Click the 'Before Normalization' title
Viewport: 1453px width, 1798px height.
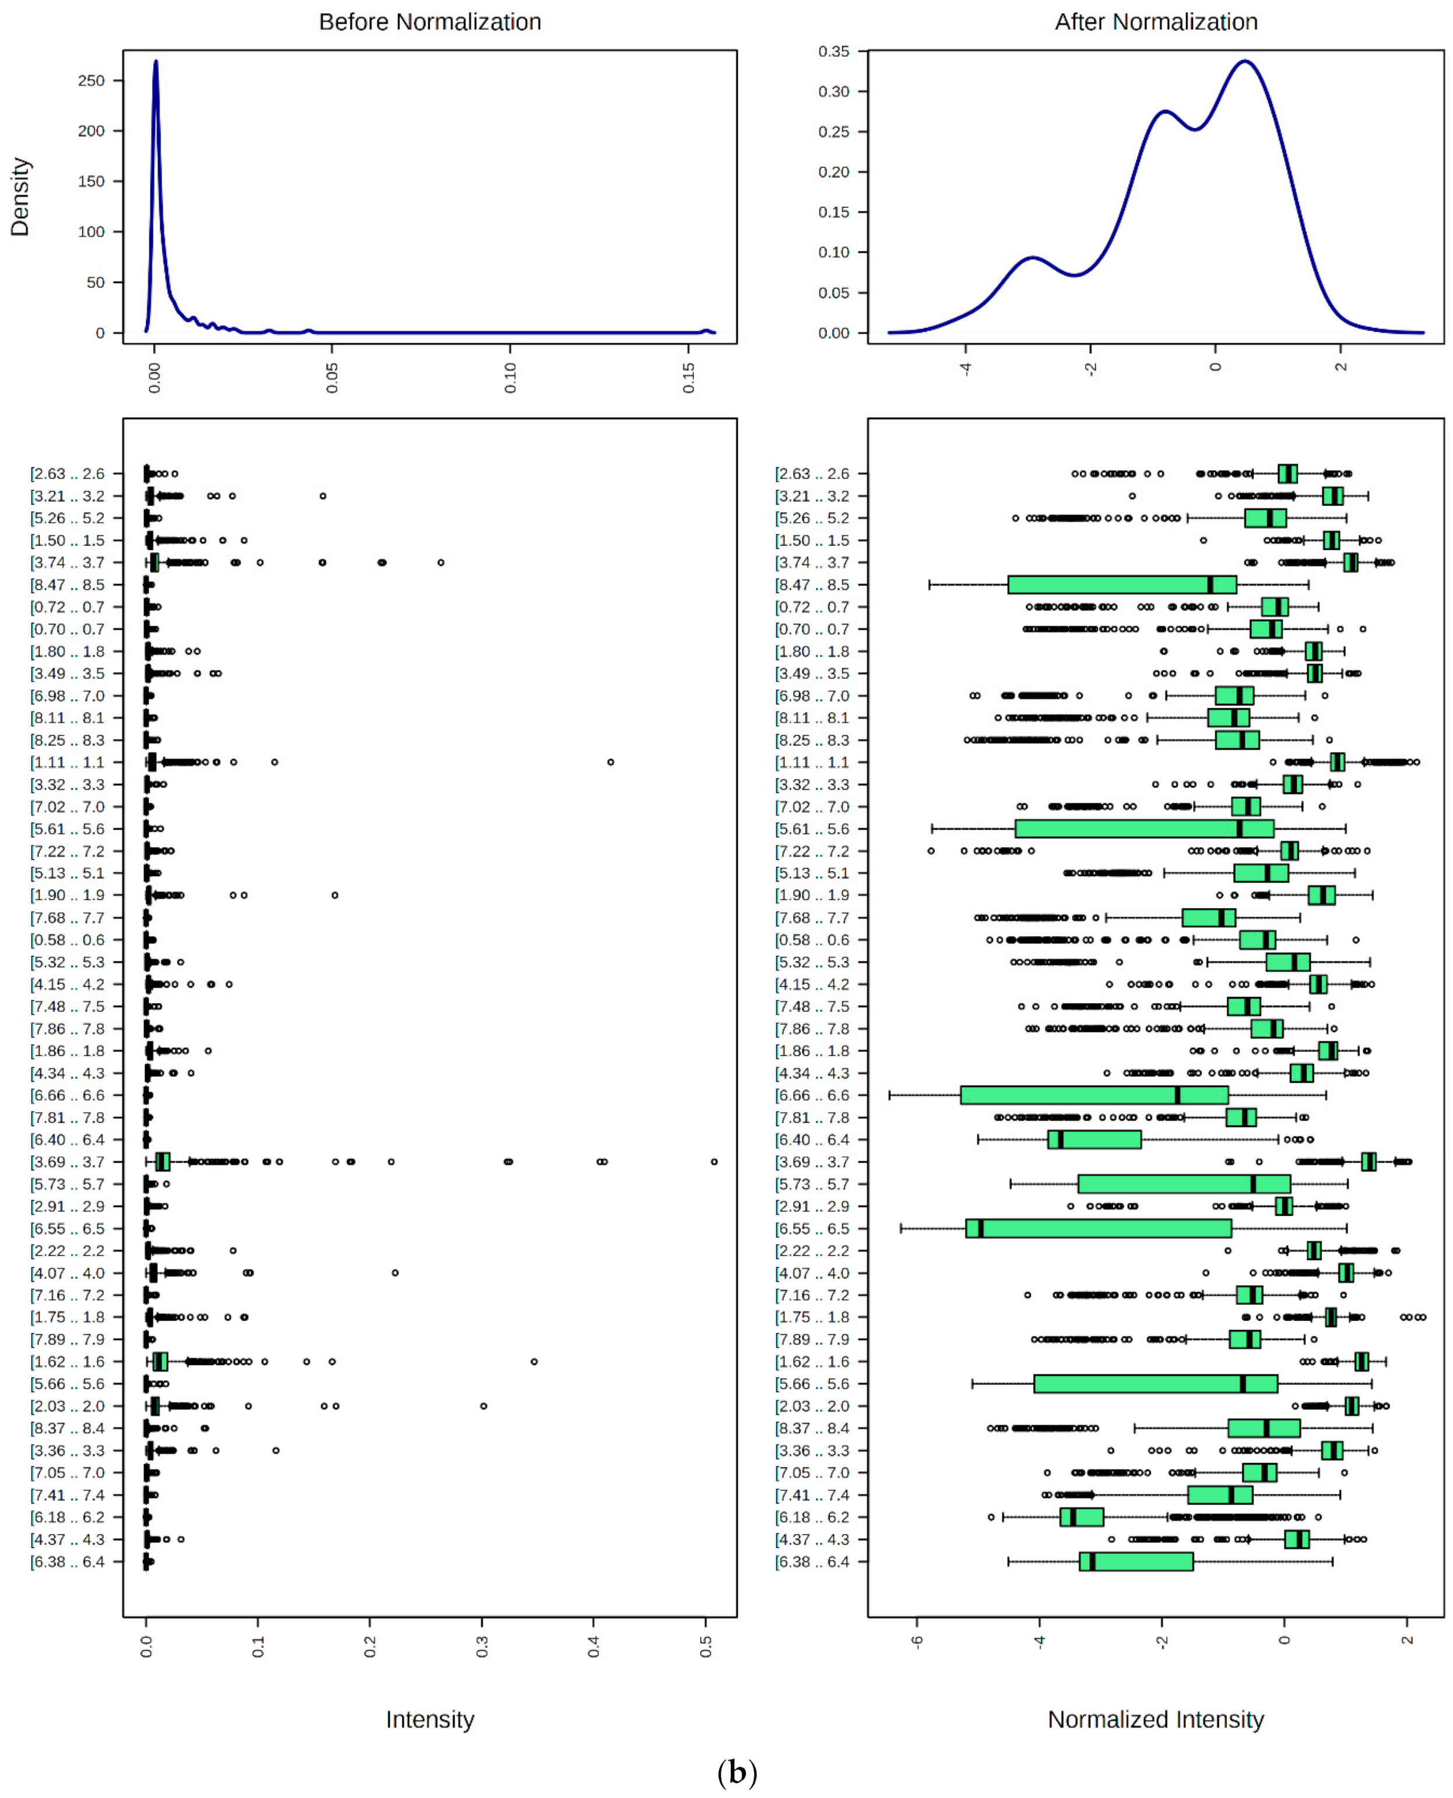pyautogui.click(x=430, y=22)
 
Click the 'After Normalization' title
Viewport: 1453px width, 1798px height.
pyautogui.click(x=1155, y=22)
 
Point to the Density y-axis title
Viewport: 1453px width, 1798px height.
pyautogui.click(x=20, y=196)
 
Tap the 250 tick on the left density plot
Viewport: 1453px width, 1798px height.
pyautogui.click(x=92, y=80)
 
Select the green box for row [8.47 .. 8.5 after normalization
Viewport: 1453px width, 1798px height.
pyautogui.click(x=1121, y=584)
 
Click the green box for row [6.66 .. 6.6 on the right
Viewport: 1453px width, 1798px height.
pyautogui.click(x=1094, y=1094)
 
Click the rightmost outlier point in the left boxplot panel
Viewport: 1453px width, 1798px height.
pyautogui.click(x=714, y=1161)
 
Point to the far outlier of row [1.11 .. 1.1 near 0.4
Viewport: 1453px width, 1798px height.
pyautogui.click(x=610, y=761)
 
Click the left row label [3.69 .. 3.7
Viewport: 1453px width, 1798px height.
pyautogui.click(x=67, y=1161)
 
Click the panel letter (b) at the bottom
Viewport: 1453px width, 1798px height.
pyautogui.click(x=737, y=1772)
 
